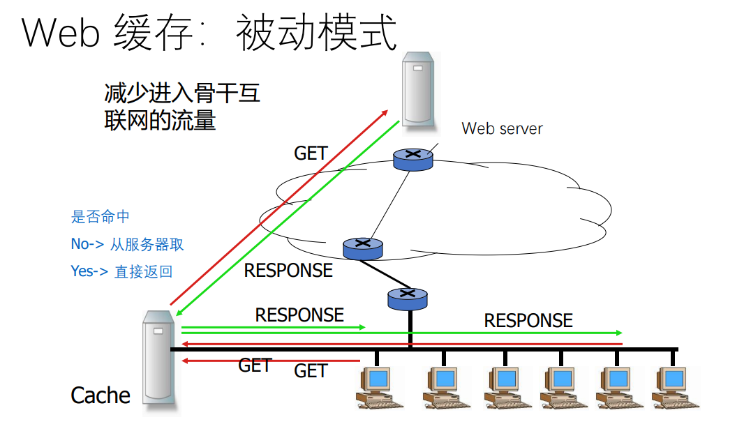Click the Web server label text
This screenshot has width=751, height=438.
pyautogui.click(x=502, y=128)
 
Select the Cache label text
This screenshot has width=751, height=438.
pyautogui.click(x=101, y=395)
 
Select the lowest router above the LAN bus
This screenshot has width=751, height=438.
pyautogui.click(x=407, y=299)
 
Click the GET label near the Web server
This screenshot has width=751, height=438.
pyautogui.click(x=311, y=153)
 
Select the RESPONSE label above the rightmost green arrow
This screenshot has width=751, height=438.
pyautogui.click(x=528, y=321)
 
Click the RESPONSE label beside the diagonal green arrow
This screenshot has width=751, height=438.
pyautogui.click(x=288, y=271)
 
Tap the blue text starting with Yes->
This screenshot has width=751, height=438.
pyautogui.click(x=121, y=271)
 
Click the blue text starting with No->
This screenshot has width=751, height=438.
pyautogui.click(x=127, y=244)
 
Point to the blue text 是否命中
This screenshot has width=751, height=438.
pyautogui.click(x=100, y=217)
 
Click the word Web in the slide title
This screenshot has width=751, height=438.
pyautogui.click(x=61, y=33)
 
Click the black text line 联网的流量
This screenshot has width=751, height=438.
pyautogui.click(x=160, y=120)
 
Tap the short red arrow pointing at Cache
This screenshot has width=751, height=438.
pyautogui.click(x=270, y=361)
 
